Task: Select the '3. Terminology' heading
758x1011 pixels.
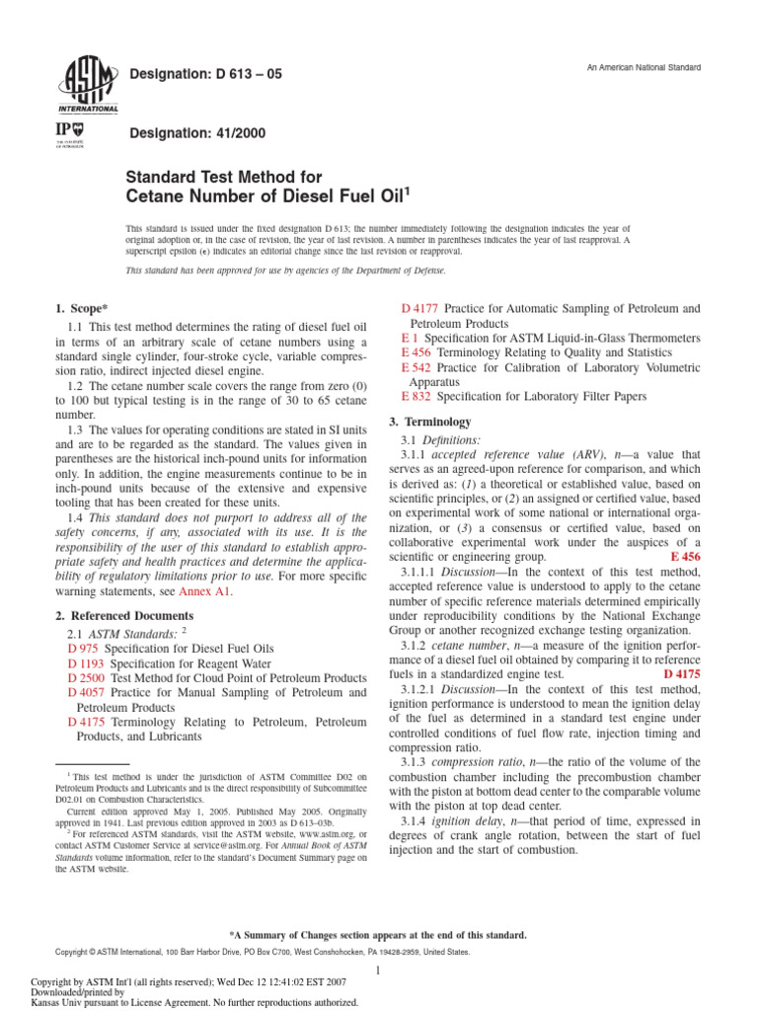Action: (x=437, y=422)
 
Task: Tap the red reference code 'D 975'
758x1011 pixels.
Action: (x=84, y=649)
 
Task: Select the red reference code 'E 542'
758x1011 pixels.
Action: (x=417, y=367)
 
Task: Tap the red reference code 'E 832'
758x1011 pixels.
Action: (x=417, y=396)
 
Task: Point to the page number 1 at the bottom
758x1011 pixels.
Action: (x=378, y=972)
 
